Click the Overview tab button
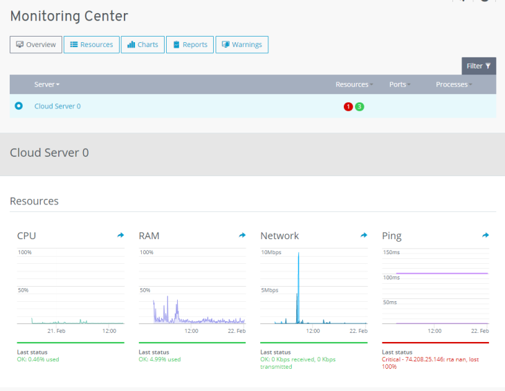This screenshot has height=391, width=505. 36,45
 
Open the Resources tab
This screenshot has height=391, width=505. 91,45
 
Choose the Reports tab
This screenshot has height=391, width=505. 190,45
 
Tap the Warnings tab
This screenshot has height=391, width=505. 241,45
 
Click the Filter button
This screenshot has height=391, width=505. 479,66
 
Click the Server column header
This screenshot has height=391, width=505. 47,84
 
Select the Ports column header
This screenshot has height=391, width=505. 399,84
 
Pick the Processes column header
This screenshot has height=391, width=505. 453,84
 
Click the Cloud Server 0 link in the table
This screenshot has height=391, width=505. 57,106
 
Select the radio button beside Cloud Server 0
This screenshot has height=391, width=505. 19,106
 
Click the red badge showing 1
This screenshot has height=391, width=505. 348,106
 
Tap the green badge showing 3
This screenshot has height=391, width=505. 360,106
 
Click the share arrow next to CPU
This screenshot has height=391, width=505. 120,236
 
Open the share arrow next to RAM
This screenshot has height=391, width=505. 242,236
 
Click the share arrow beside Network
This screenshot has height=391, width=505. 364,236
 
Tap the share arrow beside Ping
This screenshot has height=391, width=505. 486,236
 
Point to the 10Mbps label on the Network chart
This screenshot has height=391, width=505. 270,252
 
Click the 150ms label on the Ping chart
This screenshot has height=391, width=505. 391,252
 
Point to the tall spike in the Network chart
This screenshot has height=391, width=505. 298,283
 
